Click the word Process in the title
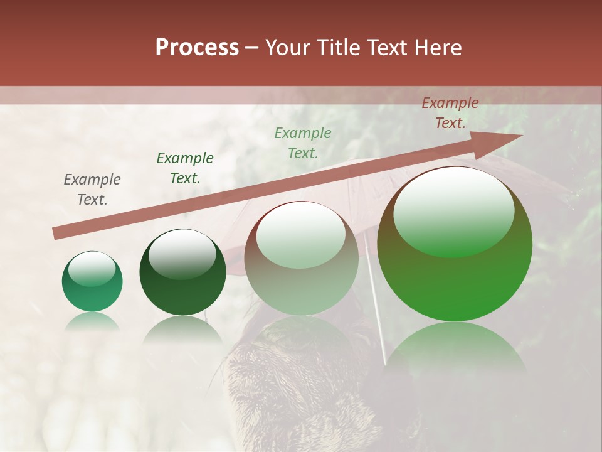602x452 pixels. coord(197,48)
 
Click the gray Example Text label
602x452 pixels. coord(92,190)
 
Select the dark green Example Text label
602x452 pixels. coord(185,168)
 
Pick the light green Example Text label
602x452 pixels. coord(303,143)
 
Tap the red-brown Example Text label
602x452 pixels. coord(450,113)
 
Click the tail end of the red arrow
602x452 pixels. coord(55,234)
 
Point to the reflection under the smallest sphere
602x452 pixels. coord(92,322)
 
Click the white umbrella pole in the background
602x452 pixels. coord(377,308)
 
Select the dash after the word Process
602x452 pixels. coord(252,48)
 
